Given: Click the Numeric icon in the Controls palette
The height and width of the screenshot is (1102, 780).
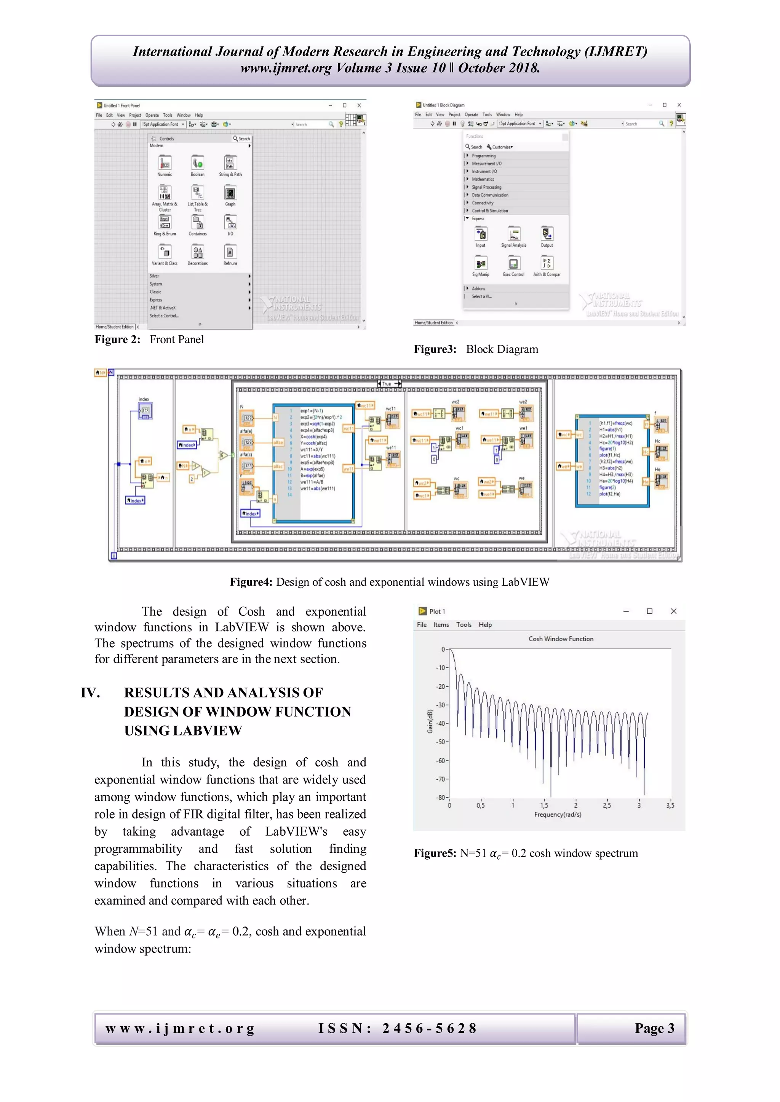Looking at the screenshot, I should [x=165, y=163].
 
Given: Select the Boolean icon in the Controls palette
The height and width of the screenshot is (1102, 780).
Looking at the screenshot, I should [x=197, y=163].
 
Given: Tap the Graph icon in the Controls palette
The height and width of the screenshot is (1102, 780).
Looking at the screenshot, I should [x=230, y=193].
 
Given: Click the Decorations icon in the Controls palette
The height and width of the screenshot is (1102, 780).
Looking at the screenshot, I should [x=197, y=252].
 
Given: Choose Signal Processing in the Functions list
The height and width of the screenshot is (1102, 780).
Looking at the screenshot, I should [x=486, y=187].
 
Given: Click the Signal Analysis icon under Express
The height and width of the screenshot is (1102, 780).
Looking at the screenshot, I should [x=513, y=234].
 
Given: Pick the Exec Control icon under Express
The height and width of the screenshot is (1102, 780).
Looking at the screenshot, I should [x=513, y=263].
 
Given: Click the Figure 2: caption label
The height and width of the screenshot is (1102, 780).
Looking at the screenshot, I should [x=117, y=340].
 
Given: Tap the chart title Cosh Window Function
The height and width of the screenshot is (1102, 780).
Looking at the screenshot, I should [x=561, y=639].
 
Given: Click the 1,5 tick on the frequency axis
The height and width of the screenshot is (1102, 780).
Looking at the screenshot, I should [x=544, y=806].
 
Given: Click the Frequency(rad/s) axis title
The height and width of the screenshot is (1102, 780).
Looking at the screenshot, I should [x=558, y=814].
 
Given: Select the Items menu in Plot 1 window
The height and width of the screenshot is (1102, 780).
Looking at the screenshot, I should [x=441, y=624].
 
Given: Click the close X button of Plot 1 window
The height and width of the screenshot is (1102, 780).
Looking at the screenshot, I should [x=673, y=611].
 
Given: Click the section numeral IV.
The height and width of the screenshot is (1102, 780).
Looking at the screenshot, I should [x=90, y=693].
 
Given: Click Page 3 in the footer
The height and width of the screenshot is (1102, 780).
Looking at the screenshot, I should [x=654, y=1028].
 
